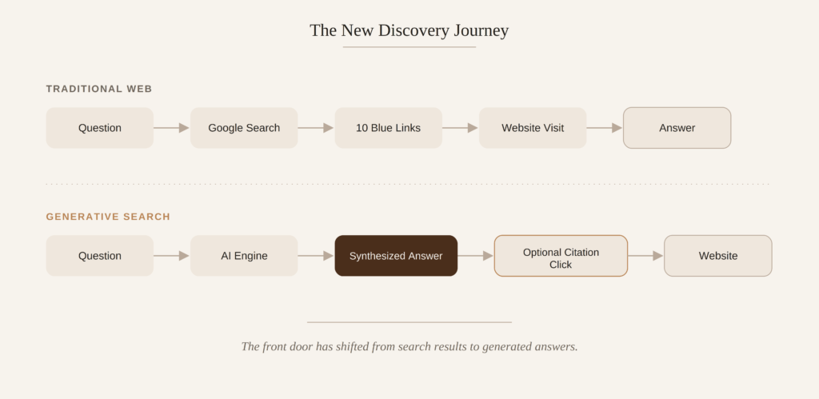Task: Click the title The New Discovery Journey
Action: (x=409, y=30)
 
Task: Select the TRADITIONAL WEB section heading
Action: (x=99, y=89)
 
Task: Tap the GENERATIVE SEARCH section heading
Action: (x=108, y=217)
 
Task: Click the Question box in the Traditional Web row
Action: (x=100, y=128)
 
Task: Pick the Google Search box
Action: (x=244, y=128)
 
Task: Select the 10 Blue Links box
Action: (x=388, y=128)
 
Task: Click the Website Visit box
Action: (x=533, y=128)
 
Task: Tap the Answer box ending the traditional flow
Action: (x=677, y=128)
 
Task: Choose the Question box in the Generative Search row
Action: (x=100, y=256)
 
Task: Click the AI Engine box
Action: (x=244, y=256)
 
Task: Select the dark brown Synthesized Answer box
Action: (x=396, y=256)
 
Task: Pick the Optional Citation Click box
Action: (x=561, y=256)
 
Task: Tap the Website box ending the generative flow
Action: (x=718, y=256)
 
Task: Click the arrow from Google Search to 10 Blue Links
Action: (x=316, y=128)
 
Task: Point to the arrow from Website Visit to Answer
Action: (x=605, y=128)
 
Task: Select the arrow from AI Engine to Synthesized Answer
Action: (x=316, y=256)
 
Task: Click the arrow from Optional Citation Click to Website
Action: (x=645, y=256)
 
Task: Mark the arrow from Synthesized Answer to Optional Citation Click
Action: (x=476, y=256)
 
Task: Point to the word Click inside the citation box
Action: (x=561, y=265)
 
